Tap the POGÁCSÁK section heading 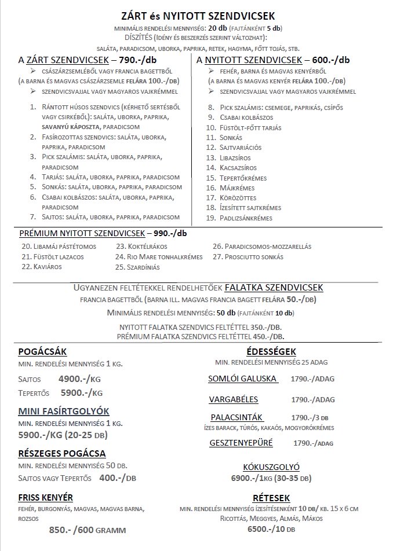click(42, 351)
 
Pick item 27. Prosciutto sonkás click(248, 256)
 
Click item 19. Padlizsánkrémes click(239, 218)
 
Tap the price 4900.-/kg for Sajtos click(81, 380)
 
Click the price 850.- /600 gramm click(87, 530)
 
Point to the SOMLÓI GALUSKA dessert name click(242, 379)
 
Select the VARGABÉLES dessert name click(234, 399)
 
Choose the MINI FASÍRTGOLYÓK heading click(64, 411)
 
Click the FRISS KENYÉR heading click(45, 497)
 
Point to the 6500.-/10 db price click(271, 530)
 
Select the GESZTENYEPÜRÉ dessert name click(241, 443)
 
